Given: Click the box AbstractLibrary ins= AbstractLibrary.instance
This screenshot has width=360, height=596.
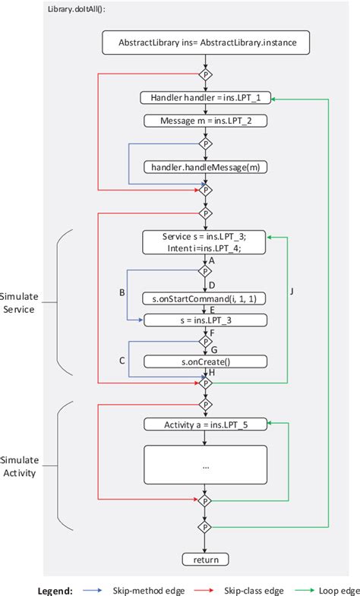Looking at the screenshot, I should tap(205, 44).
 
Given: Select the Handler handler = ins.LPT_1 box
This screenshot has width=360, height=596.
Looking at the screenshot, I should tap(205, 98).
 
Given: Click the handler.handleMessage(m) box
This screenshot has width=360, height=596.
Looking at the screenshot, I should tap(205, 166).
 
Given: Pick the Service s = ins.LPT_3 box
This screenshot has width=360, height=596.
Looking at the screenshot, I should tap(205, 242).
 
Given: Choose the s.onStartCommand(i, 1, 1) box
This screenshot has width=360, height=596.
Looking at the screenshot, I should tap(205, 298).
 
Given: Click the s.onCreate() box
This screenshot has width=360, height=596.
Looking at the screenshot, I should tap(205, 361).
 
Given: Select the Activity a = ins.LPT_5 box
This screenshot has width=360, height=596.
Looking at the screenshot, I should tap(205, 424).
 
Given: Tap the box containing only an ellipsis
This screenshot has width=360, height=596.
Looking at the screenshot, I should tap(205, 465).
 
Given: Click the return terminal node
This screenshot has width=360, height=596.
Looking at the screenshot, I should tap(205, 560).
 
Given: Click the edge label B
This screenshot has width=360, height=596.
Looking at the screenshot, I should tap(122, 292).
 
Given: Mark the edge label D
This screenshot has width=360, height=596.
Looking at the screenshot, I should tap(212, 285).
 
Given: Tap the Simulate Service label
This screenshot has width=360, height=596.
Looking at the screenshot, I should tap(18, 303).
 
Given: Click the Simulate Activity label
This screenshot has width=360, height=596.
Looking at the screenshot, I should tap(18, 467).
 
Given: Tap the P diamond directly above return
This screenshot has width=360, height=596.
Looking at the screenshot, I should tap(205, 526).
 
